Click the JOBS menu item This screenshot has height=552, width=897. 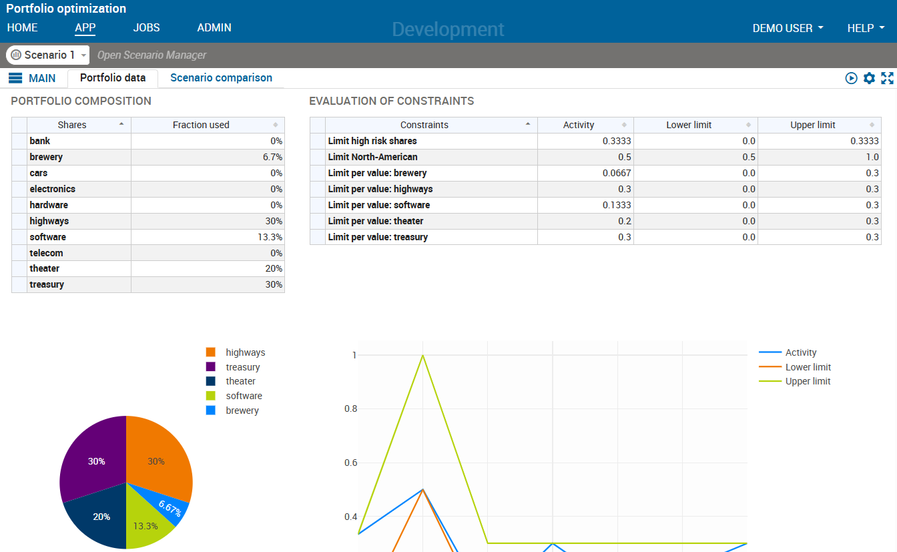pyautogui.click(x=146, y=28)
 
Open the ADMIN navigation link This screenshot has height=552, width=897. pyautogui.click(x=214, y=28)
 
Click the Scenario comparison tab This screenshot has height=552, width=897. pyautogui.click(x=221, y=78)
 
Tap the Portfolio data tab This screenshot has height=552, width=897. pyautogui.click(x=113, y=78)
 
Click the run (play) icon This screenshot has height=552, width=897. pyautogui.click(x=851, y=78)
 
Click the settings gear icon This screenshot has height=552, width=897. pyautogui.click(x=869, y=78)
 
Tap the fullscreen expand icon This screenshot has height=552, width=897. pyautogui.click(x=887, y=78)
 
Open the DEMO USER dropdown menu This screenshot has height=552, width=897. pyautogui.click(x=788, y=28)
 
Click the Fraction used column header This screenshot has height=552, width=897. pyautogui.click(x=201, y=125)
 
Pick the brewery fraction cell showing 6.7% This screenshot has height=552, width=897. pyautogui.click(x=208, y=157)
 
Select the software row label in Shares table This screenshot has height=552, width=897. pyautogui.click(x=48, y=237)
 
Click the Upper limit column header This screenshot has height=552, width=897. pyautogui.click(x=812, y=125)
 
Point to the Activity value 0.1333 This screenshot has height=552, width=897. pyautogui.click(x=585, y=205)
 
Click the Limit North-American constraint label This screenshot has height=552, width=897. pyautogui.click(x=372, y=157)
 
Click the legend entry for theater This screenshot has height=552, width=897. pyautogui.click(x=240, y=381)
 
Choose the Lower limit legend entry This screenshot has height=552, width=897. pyautogui.click(x=808, y=367)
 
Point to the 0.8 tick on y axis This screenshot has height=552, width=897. pyautogui.click(x=350, y=408)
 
